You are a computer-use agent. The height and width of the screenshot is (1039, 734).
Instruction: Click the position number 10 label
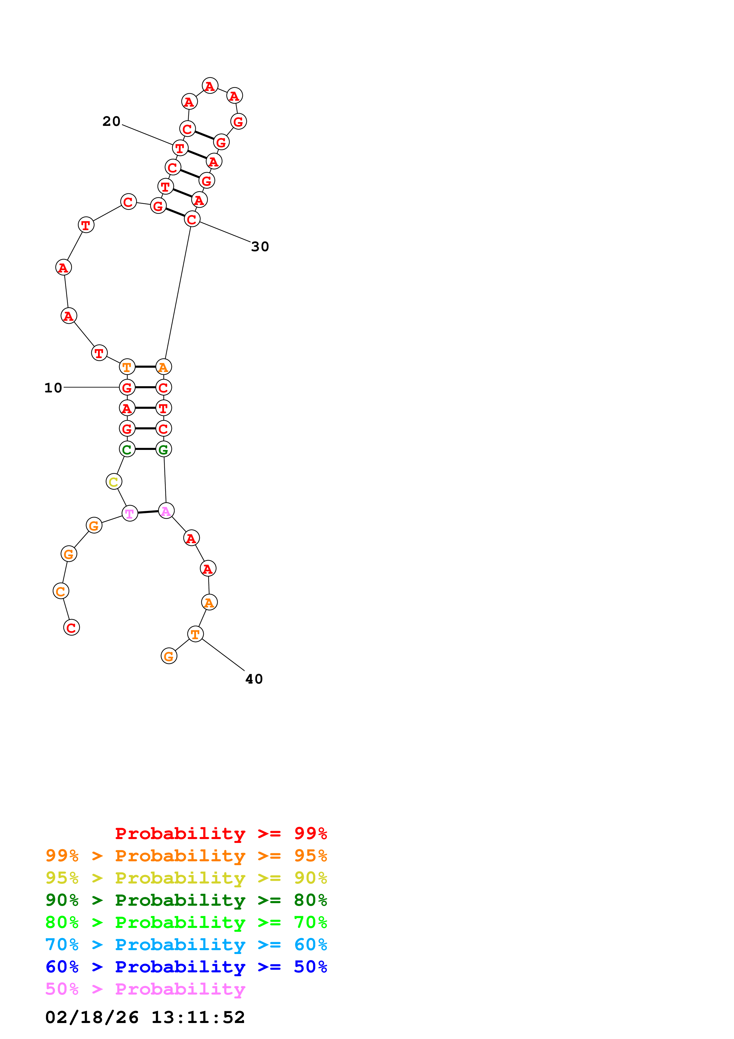point(53,388)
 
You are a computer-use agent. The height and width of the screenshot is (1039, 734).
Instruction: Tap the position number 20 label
point(111,121)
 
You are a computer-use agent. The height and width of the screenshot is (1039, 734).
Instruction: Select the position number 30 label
point(260,247)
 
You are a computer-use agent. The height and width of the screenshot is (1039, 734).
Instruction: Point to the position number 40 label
point(254,679)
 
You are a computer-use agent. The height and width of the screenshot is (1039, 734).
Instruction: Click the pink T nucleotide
point(130,514)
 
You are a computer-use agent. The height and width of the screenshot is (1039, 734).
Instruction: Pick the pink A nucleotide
point(166,511)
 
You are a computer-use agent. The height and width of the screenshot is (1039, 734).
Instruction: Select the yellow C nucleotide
point(113,482)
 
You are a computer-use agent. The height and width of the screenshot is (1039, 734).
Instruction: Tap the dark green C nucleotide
point(127,449)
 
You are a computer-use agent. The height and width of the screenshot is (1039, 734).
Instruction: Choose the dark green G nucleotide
point(164,449)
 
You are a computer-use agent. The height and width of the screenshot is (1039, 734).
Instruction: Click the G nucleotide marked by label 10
point(127,387)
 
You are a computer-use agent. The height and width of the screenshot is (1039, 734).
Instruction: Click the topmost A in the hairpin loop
point(210,86)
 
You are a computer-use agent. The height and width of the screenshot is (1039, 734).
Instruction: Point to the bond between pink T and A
point(148,512)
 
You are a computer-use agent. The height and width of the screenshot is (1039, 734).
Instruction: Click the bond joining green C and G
point(145,449)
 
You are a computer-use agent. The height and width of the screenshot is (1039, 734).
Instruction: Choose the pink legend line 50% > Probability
point(145,989)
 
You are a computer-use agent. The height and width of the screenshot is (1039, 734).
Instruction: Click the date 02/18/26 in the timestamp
point(92,1018)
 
